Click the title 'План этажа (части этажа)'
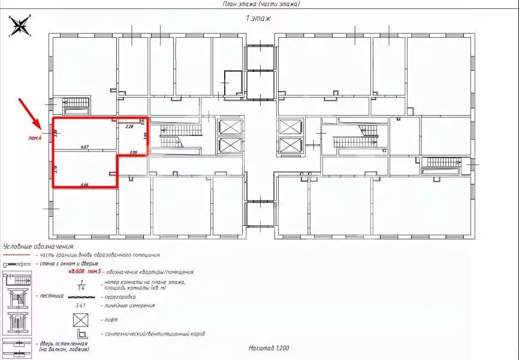tap(259, 4)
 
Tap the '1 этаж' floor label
tap(258, 19)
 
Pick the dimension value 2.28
tap(128, 127)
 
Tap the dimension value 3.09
tap(134, 153)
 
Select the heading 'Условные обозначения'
tap(38, 246)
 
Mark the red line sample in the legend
tap(17, 255)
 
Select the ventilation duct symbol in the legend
tap(80, 332)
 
